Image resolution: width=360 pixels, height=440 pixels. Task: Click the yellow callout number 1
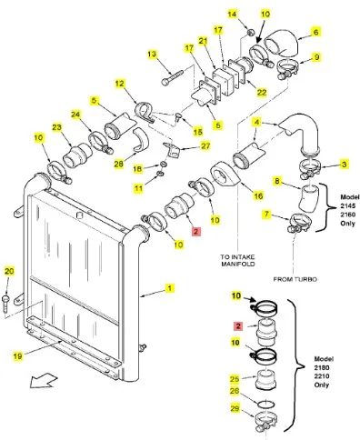tap(170, 288)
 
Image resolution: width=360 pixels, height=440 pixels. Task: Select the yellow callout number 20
tap(9, 271)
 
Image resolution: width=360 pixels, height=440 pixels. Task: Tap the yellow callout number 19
tap(18, 355)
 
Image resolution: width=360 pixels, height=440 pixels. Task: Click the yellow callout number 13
tap(152, 55)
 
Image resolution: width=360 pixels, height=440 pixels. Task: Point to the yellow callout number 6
tap(315, 32)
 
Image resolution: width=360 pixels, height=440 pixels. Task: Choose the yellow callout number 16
tap(258, 195)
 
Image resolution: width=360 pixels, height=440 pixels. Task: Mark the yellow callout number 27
tap(205, 146)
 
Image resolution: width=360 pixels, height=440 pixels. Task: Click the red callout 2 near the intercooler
tap(196, 232)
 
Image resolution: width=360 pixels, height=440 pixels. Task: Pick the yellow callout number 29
tap(235, 408)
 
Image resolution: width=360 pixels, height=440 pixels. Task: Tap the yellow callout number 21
tap(203, 41)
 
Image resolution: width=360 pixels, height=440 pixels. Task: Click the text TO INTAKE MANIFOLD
tap(238, 260)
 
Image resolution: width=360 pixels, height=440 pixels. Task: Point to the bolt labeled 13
tap(172, 77)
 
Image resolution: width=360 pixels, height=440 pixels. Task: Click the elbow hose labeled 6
tap(283, 43)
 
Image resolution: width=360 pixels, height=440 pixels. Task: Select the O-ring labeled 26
tap(266, 404)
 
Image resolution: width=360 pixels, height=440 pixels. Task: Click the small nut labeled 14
tap(250, 32)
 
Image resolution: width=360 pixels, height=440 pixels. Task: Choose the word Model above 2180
tap(324, 359)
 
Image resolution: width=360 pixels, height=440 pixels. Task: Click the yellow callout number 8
tap(277, 181)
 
